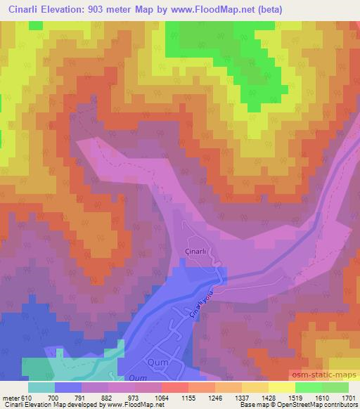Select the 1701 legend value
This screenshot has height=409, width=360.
click(347, 397)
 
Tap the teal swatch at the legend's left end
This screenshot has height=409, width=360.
click(41, 387)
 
